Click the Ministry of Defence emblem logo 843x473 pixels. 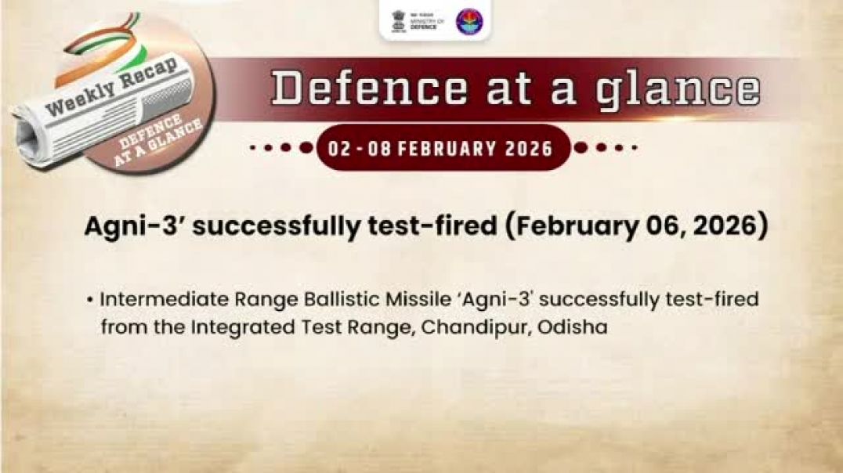click(400, 21)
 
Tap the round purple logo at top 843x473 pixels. click(469, 21)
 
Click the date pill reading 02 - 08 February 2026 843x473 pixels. click(442, 147)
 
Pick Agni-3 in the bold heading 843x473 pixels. click(121, 226)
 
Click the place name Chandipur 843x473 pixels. click(476, 327)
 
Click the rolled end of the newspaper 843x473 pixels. click(28, 137)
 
